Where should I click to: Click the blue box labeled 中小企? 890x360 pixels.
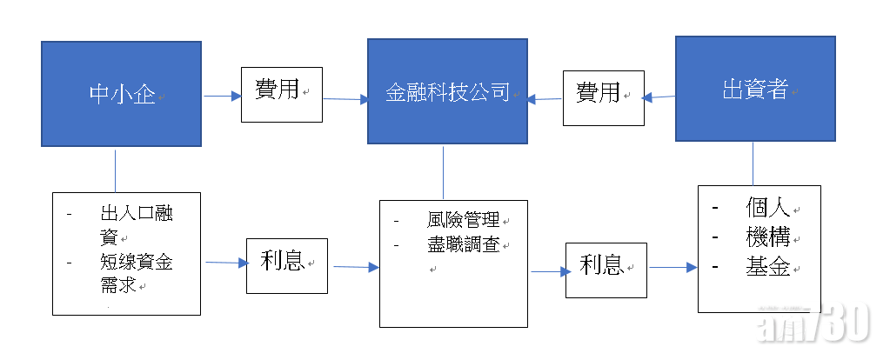[121, 94]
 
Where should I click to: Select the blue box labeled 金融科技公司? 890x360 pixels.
[447, 91]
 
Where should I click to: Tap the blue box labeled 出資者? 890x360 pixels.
[755, 88]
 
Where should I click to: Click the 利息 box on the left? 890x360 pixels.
[287, 263]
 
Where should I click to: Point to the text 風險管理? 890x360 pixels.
[463, 221]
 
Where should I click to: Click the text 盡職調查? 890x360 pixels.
[463, 245]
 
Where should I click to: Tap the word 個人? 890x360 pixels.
[767, 209]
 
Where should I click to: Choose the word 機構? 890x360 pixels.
[767, 237]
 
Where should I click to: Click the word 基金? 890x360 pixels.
[767, 267]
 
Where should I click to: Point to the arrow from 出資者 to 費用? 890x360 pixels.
[659, 97]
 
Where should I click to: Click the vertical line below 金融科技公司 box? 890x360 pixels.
[443, 172]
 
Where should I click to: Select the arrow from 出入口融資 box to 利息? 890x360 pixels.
[224, 262]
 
